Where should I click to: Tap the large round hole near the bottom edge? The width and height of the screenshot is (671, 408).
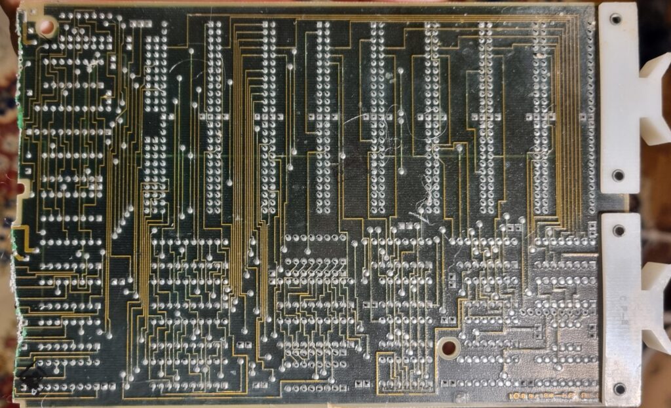(449, 347)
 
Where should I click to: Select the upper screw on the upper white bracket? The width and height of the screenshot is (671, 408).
(615, 19)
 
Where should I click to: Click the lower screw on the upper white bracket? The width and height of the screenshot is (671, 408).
(617, 175)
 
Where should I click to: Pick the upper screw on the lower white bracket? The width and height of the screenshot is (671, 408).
(618, 230)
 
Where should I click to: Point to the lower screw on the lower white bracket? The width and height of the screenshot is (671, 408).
(619, 389)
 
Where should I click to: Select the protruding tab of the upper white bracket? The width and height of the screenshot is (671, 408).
(655, 98)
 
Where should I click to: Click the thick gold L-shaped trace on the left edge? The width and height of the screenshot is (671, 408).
(20, 239)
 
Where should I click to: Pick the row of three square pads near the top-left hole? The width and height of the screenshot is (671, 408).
(140, 24)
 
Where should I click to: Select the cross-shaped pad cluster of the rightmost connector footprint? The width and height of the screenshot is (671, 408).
(540, 118)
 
